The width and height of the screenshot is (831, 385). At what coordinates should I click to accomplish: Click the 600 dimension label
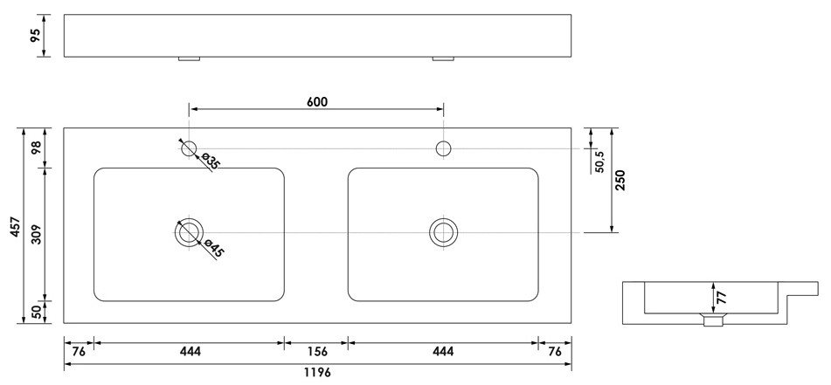317,101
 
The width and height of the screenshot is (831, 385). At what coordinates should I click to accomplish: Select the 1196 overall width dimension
317,373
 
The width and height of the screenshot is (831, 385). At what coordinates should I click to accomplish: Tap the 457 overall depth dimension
16,226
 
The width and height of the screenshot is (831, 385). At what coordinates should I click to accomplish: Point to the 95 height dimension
35,36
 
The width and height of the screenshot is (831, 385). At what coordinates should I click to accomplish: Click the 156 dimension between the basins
316,351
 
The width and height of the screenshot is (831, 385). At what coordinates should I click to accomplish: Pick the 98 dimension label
36,148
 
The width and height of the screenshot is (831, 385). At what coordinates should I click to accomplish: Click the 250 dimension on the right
620,180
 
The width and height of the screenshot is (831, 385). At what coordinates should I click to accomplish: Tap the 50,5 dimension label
600,162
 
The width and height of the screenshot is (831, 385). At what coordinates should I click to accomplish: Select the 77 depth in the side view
722,297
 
